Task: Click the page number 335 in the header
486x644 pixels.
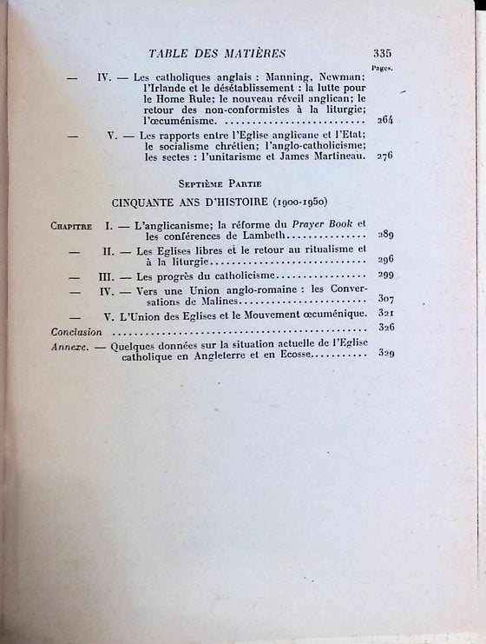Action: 383,52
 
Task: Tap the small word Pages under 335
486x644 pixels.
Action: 382,65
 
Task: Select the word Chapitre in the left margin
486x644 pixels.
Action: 71,225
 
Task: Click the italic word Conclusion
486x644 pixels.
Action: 76,331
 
